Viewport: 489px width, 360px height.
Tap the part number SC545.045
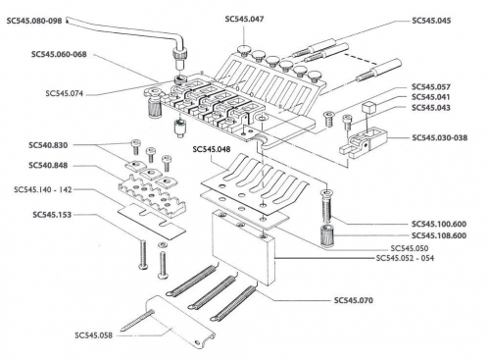(430, 20)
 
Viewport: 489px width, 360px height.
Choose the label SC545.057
(430, 86)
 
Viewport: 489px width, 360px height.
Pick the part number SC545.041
(430, 97)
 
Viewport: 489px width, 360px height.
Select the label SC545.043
(430, 108)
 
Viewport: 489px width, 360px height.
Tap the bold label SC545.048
(213, 149)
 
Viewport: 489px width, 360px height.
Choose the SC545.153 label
(36, 213)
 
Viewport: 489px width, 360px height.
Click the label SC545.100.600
(437, 224)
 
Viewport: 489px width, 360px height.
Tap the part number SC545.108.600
(437, 235)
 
